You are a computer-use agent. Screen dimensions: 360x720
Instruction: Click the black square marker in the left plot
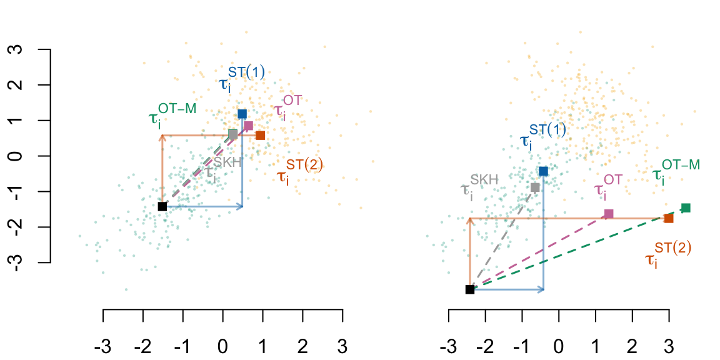[162, 206]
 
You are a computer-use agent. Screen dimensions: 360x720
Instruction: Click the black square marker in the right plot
[470, 289]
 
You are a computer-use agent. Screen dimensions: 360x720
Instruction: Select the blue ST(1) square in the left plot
[242, 114]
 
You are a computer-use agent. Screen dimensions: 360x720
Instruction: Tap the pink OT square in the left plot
[248, 126]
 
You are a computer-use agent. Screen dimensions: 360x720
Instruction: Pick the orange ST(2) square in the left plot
[261, 135]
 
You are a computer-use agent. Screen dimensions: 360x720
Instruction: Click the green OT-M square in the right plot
[686, 207]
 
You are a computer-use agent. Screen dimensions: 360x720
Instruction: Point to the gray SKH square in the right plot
[535, 187]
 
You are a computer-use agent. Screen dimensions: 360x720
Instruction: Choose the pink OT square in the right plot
[609, 214]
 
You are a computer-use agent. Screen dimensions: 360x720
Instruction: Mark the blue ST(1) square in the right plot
[543, 171]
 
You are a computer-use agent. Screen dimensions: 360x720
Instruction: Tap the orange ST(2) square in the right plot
[669, 218]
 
